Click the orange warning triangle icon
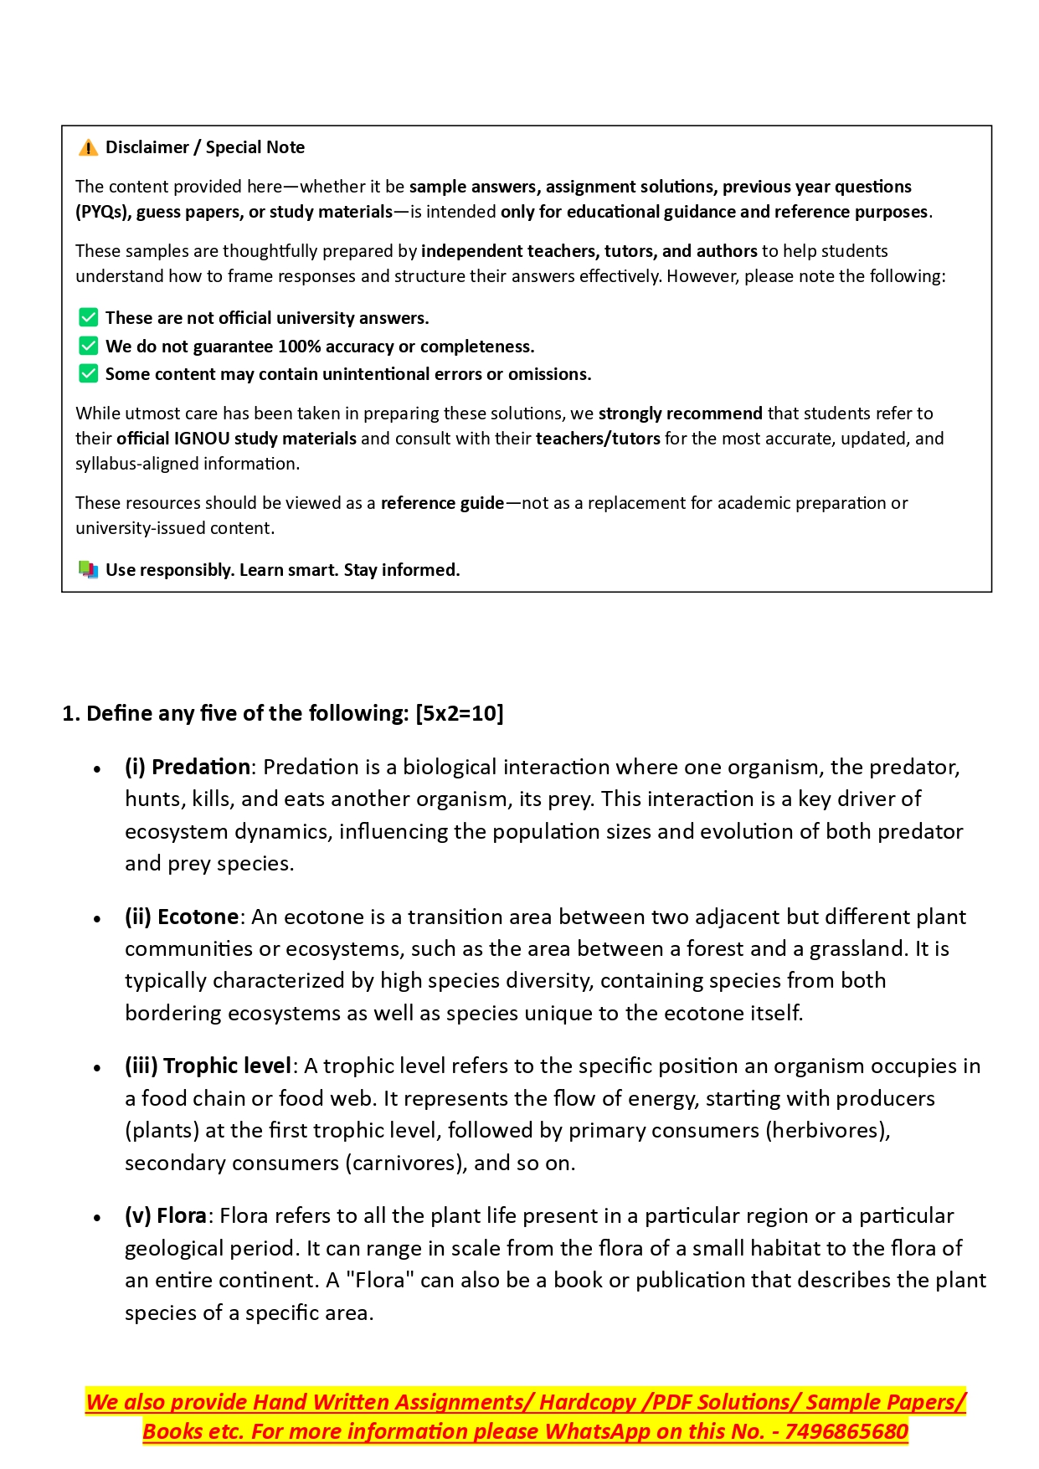(88, 148)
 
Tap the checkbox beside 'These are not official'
(88, 317)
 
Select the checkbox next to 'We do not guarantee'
(88, 346)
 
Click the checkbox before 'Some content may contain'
(88, 373)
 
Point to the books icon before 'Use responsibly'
(88, 570)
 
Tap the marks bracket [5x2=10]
(459, 713)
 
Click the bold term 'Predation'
(201, 767)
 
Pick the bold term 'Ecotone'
(198, 917)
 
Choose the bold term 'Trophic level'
(227, 1066)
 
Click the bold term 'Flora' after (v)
(182, 1215)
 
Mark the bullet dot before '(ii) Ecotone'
(98, 918)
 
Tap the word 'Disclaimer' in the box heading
(147, 147)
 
